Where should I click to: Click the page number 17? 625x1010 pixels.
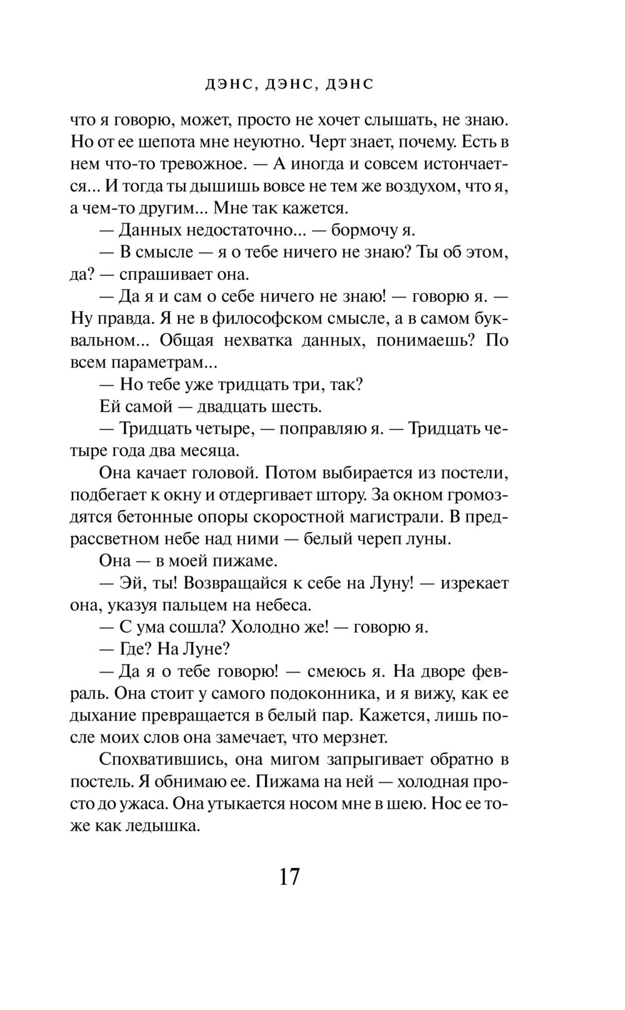click(289, 877)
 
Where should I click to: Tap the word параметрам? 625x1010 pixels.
click(159, 362)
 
